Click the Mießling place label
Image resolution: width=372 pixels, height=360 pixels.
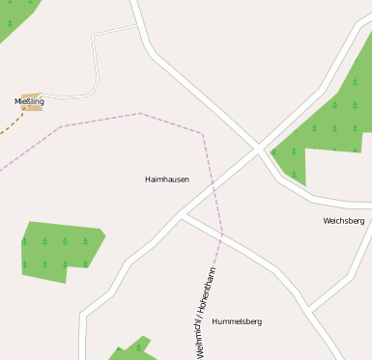(29, 100)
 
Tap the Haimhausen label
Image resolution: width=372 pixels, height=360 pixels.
(166, 180)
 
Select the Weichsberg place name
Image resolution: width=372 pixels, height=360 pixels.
(344, 221)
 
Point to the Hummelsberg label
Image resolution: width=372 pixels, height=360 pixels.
(237, 321)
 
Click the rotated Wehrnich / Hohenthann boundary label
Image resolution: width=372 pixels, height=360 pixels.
(206, 311)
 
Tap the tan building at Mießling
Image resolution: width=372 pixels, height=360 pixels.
(33, 107)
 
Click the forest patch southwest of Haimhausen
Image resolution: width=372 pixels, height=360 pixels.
(58, 249)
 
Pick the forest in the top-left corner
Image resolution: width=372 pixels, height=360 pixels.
(14, 14)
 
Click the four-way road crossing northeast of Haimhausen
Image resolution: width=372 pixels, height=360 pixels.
(258, 149)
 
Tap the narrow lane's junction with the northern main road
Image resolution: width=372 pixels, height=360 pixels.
(140, 26)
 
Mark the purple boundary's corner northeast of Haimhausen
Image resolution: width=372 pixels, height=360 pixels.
(202, 133)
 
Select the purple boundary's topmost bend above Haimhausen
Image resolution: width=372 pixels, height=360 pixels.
(140, 113)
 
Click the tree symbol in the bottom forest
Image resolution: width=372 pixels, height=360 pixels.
(137, 347)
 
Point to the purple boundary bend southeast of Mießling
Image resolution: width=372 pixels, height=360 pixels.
(61, 125)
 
